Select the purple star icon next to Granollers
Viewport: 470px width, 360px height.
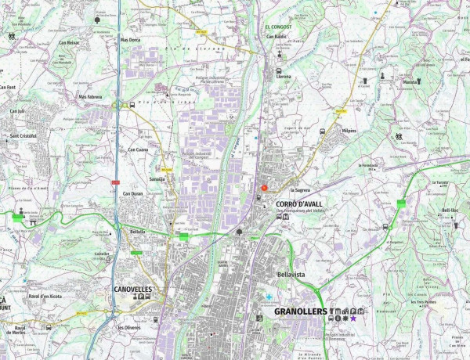[x=353, y=319]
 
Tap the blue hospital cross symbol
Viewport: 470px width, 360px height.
[x=269, y=298]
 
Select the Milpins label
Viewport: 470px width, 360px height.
[x=348, y=131]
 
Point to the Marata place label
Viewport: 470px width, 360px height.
[x=410, y=81]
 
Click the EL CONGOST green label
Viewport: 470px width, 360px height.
[x=278, y=27]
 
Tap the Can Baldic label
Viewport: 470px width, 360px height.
[x=277, y=36]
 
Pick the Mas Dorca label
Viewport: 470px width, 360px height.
[x=130, y=39]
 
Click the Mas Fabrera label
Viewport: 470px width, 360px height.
[x=90, y=97]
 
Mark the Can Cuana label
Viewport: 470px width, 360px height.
[x=137, y=149]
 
